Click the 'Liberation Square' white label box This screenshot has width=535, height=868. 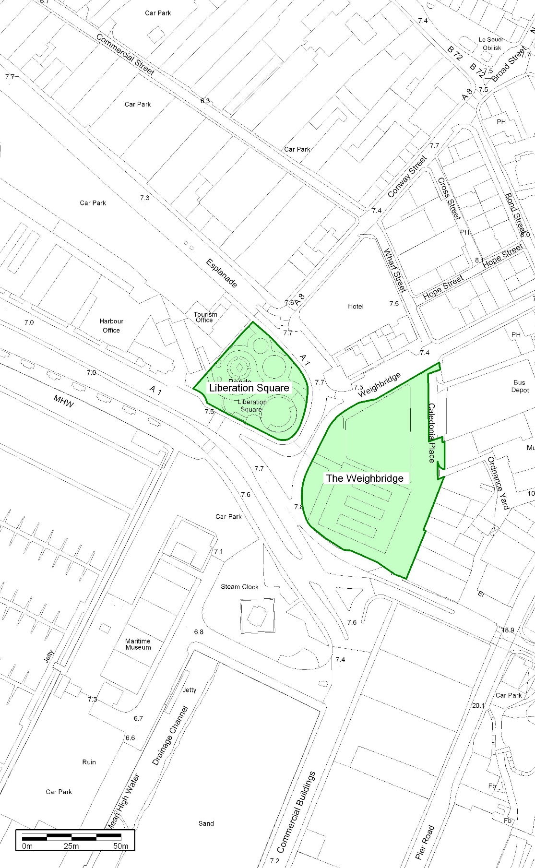click(x=249, y=388)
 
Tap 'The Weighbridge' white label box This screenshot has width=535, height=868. click(x=365, y=478)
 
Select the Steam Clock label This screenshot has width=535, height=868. click(x=239, y=587)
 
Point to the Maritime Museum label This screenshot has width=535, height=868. click(x=138, y=644)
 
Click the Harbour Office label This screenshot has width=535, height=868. click(x=111, y=326)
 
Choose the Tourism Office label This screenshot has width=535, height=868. click(x=205, y=317)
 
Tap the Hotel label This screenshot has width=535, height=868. click(x=356, y=306)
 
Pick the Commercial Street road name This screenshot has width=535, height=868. click(x=125, y=54)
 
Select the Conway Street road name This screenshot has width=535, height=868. click(x=407, y=177)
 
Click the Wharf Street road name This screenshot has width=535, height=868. click(x=394, y=270)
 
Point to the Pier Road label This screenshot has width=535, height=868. click(x=425, y=842)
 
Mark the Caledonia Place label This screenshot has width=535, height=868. click(x=431, y=432)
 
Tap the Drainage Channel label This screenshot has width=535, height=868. click(x=170, y=735)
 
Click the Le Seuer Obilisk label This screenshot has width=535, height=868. click(x=491, y=44)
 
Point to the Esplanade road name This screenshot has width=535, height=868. click(x=221, y=273)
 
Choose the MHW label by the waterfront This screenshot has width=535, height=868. click(x=63, y=401)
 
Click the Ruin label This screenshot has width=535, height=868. click(x=89, y=762)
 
